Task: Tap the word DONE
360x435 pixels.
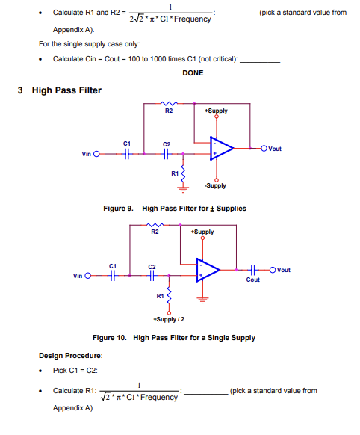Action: pyautogui.click(x=193, y=72)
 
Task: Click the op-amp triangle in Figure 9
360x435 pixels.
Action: pyautogui.click(x=220, y=149)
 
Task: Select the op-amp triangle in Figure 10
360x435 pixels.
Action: pyautogui.click(x=207, y=270)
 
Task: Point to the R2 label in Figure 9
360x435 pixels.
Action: pyautogui.click(x=169, y=111)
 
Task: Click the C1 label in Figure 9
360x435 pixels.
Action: pyautogui.click(x=127, y=142)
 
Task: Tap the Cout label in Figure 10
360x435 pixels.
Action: pyautogui.click(x=253, y=280)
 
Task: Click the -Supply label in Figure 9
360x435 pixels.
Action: pyautogui.click(x=217, y=185)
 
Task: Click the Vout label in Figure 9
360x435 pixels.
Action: pyautogui.click(x=274, y=149)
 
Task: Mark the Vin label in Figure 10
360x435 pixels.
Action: pyautogui.click(x=78, y=276)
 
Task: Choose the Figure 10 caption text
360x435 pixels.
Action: pyautogui.click(x=173, y=338)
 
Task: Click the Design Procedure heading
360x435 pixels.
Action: pyautogui.click(x=71, y=355)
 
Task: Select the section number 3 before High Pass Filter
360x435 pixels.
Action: pyautogui.click(x=20, y=90)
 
